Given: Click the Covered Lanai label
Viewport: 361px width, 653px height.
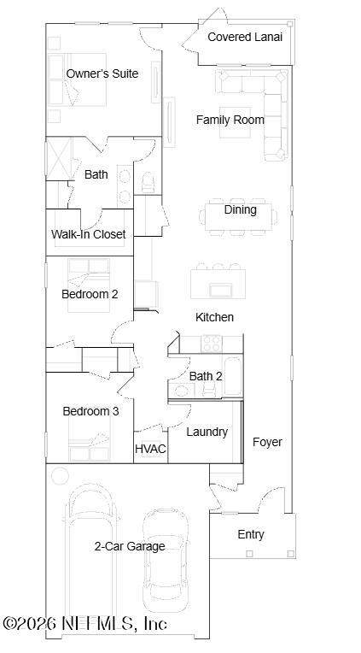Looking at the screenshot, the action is (245, 37).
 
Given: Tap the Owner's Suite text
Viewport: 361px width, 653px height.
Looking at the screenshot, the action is (102, 74).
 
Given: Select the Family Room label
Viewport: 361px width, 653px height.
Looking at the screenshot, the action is (230, 120).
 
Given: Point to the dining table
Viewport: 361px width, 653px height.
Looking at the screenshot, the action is (240, 216).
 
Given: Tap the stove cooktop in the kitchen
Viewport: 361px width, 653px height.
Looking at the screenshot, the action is (212, 344).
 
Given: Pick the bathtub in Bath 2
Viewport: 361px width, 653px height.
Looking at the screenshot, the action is (232, 376).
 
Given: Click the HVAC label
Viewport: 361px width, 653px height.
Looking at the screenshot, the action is (150, 449).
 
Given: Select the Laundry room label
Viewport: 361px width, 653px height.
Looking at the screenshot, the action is (207, 432).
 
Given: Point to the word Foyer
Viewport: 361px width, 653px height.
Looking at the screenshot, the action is (267, 442).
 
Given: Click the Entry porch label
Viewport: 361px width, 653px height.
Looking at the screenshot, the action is (251, 534).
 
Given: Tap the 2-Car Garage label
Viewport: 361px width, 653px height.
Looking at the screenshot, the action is (130, 546).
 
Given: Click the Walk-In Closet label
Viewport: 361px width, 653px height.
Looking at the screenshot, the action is (88, 234).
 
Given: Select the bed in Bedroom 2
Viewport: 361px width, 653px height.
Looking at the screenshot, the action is (89, 285).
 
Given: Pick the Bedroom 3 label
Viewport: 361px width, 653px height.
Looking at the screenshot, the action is (90, 411).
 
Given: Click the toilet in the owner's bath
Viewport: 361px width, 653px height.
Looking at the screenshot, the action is (148, 183).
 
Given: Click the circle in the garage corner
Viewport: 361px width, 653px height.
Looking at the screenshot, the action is (60, 475).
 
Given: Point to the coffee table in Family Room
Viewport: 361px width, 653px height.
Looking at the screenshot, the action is (236, 122).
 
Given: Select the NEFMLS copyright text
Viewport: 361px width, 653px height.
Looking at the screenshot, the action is (85, 623).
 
